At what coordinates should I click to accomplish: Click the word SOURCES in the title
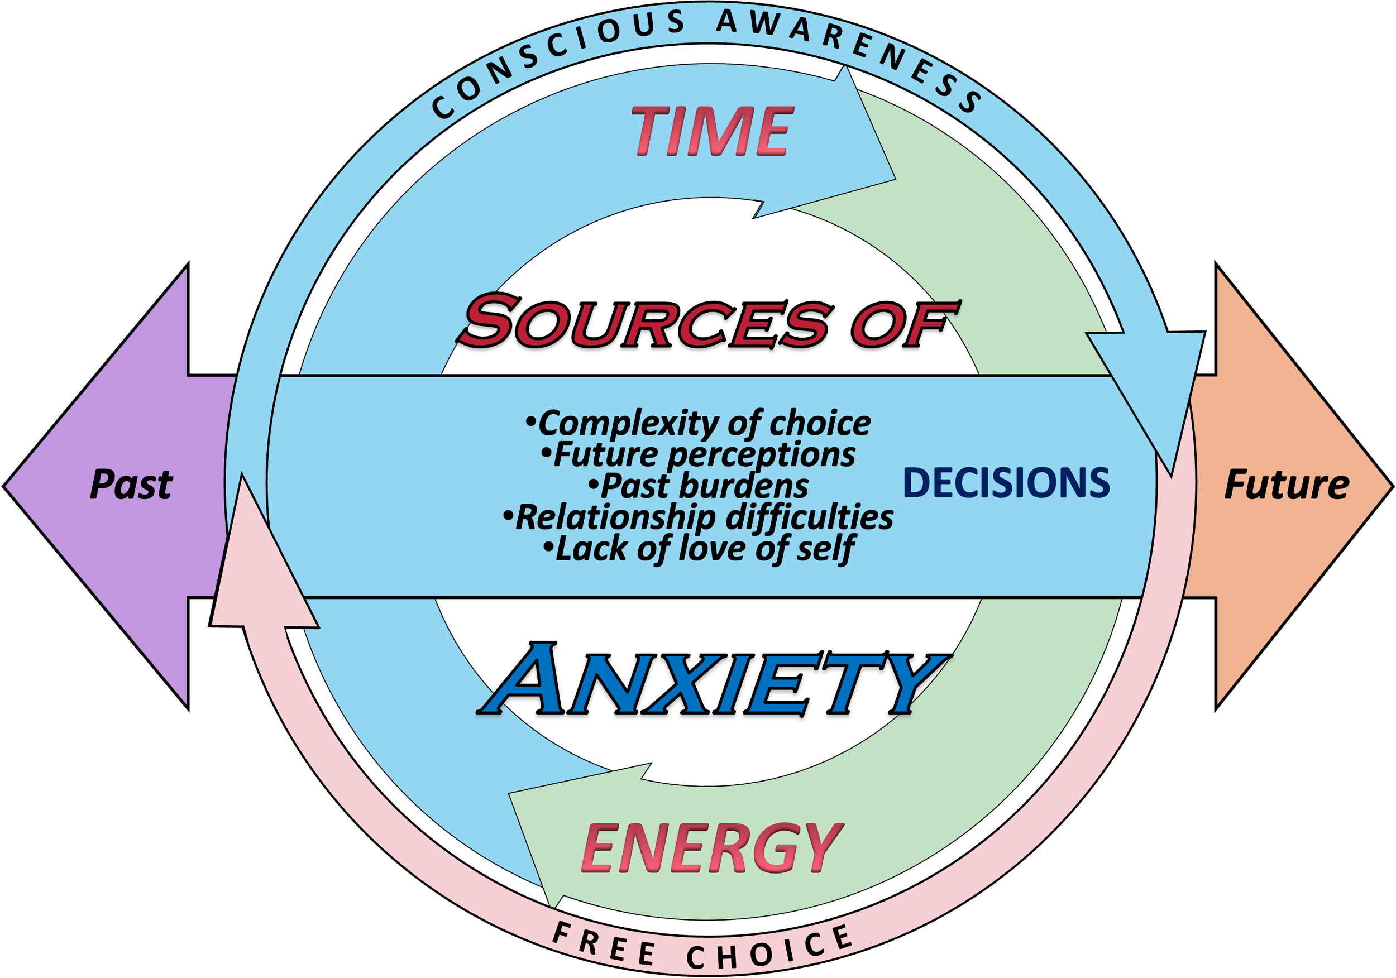(x=644, y=322)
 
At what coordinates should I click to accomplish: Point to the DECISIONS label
(x=1006, y=484)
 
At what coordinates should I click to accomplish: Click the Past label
(x=131, y=485)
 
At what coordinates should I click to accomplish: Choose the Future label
(x=1287, y=485)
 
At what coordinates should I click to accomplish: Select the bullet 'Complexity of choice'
(x=699, y=423)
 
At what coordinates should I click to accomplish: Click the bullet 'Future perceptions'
(x=699, y=454)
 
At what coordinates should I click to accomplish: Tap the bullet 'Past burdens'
(x=699, y=486)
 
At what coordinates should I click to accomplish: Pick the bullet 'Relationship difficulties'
(x=699, y=517)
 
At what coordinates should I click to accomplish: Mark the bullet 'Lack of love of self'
(x=699, y=549)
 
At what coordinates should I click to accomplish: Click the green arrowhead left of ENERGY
(x=547, y=833)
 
